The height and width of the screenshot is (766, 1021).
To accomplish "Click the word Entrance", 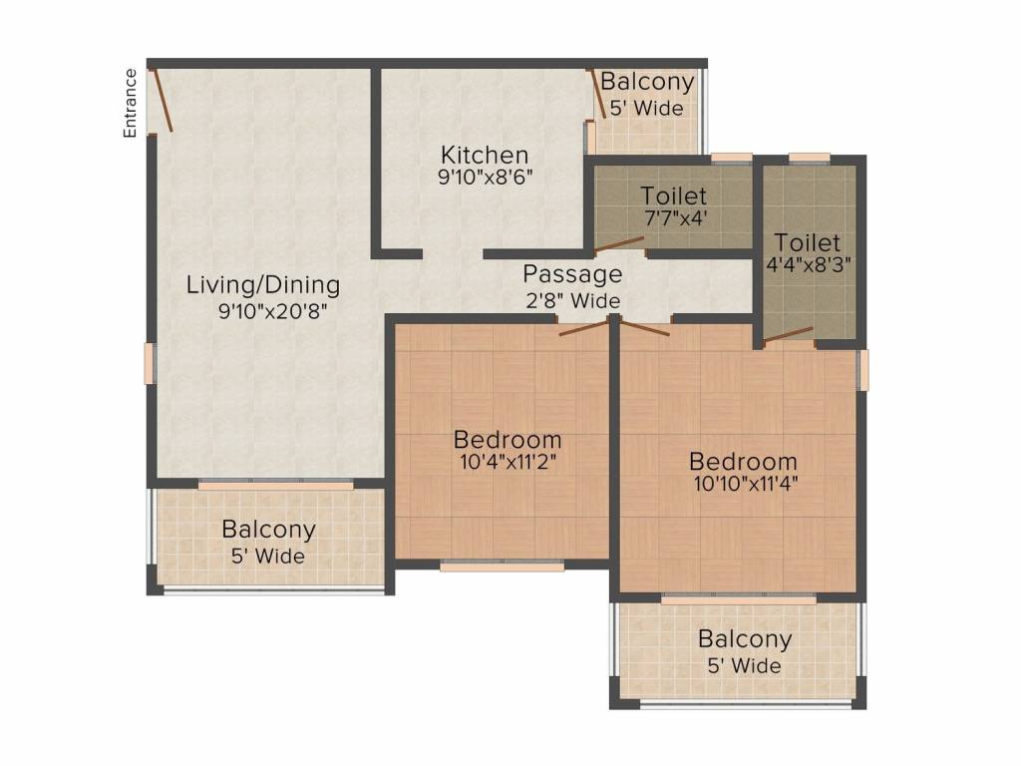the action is coord(131,103).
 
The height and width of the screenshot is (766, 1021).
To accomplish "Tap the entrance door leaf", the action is coord(162,100).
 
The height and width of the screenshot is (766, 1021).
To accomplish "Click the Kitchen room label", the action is coord(485,155).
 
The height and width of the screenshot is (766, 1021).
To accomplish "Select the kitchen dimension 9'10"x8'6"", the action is coord(486,177).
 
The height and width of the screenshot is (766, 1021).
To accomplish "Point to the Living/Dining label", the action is coord(263,285).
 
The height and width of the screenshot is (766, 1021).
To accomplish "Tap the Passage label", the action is coord(572,274).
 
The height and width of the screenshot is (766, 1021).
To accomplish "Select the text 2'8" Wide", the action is coord(573,300).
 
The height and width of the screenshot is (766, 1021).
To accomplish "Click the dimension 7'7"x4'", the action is coord(675,217).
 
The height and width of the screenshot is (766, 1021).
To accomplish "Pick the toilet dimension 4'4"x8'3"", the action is coord(808,265).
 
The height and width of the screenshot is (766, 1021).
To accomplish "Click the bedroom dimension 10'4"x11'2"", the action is coord(508,462).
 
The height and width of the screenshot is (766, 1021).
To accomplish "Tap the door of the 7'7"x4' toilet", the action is coord(618,244).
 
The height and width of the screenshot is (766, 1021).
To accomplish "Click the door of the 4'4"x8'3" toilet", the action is coord(788,334).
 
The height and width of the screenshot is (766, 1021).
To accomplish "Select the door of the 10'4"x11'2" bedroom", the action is coord(584,327).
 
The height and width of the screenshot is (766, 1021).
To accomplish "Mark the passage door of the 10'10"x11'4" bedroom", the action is coord(645,327).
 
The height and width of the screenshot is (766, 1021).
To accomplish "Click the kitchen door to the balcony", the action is coord(597,94).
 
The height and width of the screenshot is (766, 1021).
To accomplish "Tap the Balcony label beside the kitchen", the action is coord(647,82).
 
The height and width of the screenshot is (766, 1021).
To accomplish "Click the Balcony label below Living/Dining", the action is coord(268,529).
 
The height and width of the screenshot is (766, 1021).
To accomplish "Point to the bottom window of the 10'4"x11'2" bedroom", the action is coord(503,567).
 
